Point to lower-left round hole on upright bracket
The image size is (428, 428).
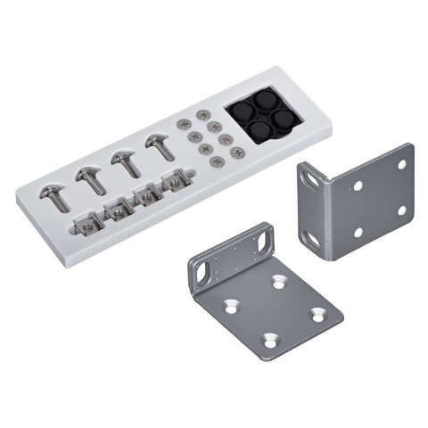click(358, 233)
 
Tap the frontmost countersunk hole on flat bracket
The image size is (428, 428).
click(271, 339)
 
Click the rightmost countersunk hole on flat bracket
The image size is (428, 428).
click(314, 313)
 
